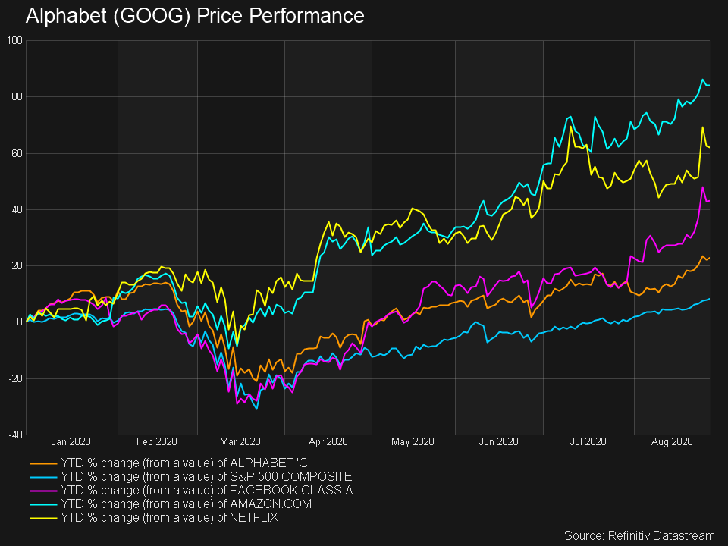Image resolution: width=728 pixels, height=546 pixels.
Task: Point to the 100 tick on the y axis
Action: [14, 40]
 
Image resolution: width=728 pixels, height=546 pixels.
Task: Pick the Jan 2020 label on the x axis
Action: [71, 441]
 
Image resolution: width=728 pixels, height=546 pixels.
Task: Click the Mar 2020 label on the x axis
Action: [240, 441]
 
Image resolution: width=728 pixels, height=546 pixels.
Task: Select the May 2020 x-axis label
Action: [412, 441]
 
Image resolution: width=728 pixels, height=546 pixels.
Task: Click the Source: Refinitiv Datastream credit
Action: [640, 535]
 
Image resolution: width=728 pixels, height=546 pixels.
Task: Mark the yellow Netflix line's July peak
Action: [570, 127]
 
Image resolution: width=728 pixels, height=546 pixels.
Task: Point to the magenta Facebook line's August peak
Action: [703, 187]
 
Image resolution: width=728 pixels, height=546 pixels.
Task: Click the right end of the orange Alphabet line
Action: [709, 258]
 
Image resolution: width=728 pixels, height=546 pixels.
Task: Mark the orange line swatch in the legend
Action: [42, 463]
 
